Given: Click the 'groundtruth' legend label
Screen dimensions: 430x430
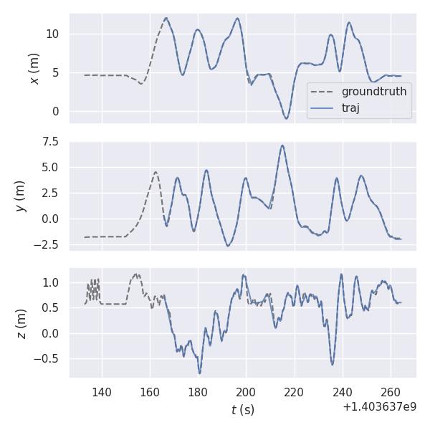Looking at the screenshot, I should [373, 92].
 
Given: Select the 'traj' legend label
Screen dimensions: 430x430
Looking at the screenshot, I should [350, 107].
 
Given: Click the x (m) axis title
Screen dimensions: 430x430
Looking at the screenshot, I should [33, 69].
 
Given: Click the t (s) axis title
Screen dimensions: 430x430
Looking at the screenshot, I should [242, 410].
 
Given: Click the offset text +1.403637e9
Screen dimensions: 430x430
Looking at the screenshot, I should [379, 407].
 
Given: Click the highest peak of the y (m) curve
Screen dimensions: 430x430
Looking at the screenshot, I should [282, 145].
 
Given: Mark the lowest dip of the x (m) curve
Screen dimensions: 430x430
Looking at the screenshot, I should [286, 118].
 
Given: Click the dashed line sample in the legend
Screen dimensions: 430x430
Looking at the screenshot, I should [323, 92].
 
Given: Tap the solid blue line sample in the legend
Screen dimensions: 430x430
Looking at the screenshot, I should [323, 107].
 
